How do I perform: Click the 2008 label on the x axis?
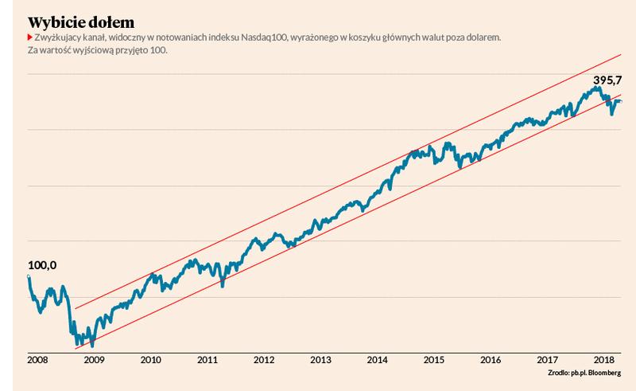pyautogui.click(x=37, y=360)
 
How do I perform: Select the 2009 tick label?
pyautogui.click(x=95, y=360)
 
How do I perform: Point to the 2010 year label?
pyautogui.click(x=151, y=360)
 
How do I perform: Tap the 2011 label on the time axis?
pyautogui.click(x=207, y=360)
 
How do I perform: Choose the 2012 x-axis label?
pyautogui.click(x=265, y=360)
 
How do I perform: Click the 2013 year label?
pyautogui.click(x=321, y=360)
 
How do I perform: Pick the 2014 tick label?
pyautogui.click(x=378, y=360)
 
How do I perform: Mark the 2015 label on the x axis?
pyautogui.click(x=434, y=360)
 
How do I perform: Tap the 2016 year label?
pyautogui.click(x=491, y=360)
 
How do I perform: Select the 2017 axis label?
pyautogui.click(x=547, y=360)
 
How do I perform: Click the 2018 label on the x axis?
pyautogui.click(x=603, y=360)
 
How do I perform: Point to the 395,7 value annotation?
pyautogui.click(x=607, y=81)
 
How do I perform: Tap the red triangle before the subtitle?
pyautogui.click(x=30, y=38)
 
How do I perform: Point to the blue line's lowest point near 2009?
pyautogui.click(x=92, y=346)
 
